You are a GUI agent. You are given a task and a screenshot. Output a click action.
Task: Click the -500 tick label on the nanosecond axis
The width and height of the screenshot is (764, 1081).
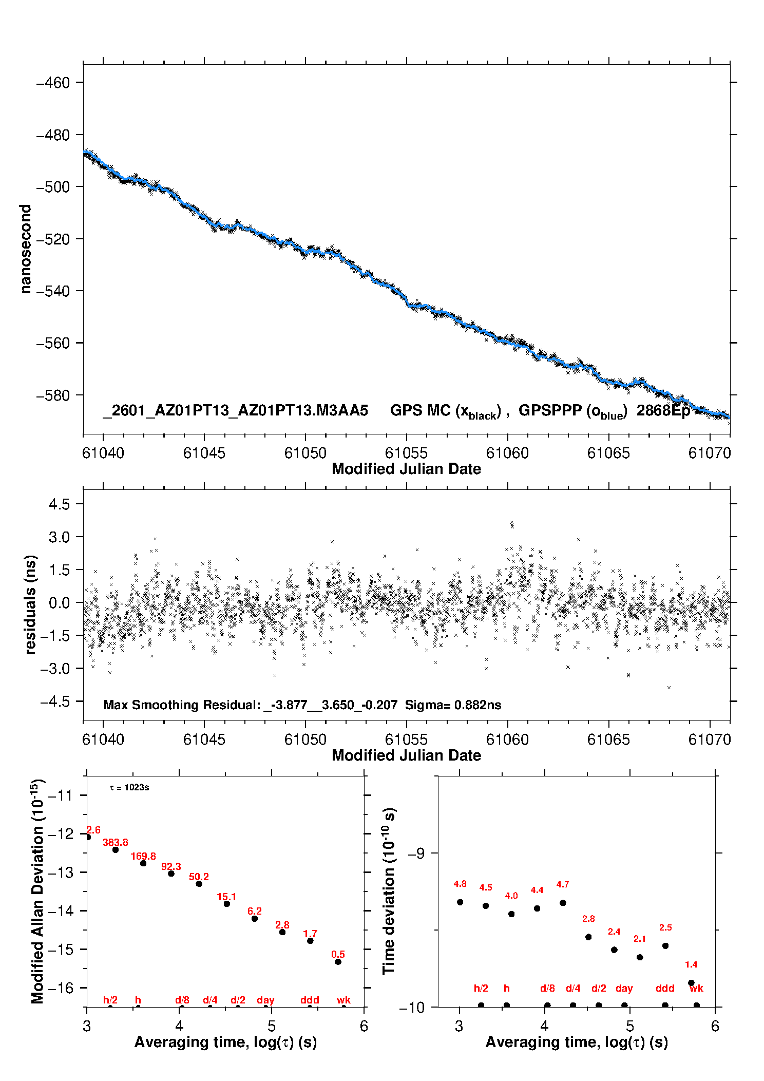(x=53, y=187)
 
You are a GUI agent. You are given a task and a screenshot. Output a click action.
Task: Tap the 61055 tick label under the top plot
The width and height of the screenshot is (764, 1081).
(x=406, y=453)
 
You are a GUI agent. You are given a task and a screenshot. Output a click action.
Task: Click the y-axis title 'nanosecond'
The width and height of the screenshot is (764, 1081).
(x=26, y=249)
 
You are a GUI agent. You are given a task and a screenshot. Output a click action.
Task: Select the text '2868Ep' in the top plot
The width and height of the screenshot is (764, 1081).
(x=663, y=411)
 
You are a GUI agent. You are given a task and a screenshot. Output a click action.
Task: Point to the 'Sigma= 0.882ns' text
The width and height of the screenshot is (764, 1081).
(x=453, y=705)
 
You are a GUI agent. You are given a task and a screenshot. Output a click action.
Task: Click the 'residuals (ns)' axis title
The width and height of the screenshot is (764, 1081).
(x=31, y=604)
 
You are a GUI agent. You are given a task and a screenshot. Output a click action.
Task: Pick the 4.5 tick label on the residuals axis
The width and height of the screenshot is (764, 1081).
(x=59, y=504)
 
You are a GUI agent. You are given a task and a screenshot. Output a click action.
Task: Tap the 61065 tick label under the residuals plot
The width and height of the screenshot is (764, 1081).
(x=608, y=739)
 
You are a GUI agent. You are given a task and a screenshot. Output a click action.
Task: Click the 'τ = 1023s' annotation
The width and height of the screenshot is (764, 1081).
(x=129, y=788)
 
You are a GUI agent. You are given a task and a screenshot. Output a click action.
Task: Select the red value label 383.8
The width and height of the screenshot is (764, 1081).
(x=116, y=842)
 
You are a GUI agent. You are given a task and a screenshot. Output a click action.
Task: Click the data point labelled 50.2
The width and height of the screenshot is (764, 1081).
(x=199, y=884)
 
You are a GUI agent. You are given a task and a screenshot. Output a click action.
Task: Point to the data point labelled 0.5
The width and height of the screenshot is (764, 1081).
(x=338, y=961)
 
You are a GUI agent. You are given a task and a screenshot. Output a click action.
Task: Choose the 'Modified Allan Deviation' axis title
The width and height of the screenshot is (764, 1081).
(x=37, y=891)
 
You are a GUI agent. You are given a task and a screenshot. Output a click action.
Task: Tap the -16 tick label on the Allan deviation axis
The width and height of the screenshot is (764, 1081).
(x=60, y=988)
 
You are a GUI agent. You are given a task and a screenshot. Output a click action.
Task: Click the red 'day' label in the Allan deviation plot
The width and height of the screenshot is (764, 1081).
(x=265, y=1000)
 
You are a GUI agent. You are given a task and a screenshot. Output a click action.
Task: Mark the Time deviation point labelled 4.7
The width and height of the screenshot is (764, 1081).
(x=563, y=903)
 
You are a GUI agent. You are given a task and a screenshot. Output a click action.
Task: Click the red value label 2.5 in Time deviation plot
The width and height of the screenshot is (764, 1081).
(x=665, y=927)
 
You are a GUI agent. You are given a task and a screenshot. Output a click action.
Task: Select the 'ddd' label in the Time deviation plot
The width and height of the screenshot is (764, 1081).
(x=665, y=988)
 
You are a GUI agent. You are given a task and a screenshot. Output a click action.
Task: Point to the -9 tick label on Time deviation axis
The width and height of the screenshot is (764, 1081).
(x=416, y=853)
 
